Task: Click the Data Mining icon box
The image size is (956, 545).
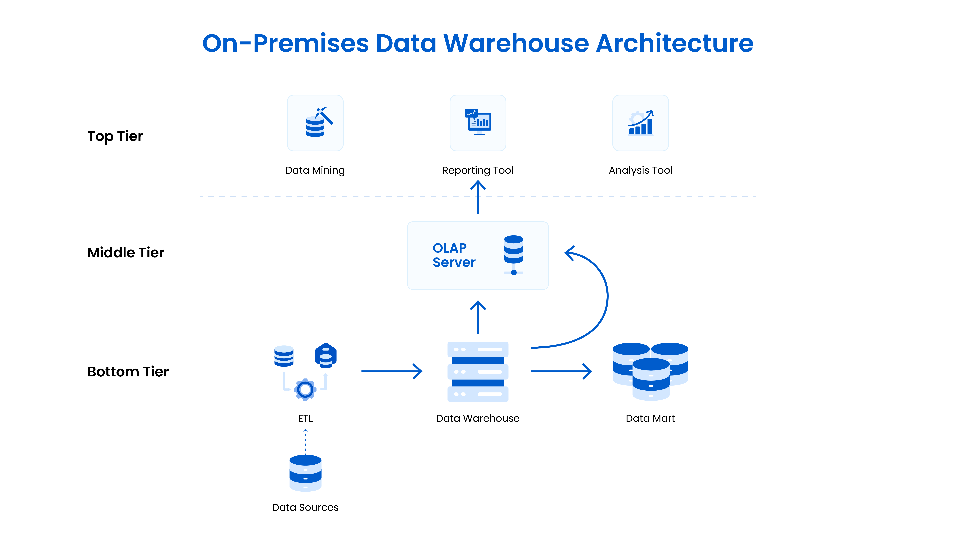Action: tap(315, 123)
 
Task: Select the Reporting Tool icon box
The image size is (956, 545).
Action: tap(478, 123)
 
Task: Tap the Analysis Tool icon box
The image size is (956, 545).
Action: tap(641, 123)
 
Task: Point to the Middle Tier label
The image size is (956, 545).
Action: tap(126, 253)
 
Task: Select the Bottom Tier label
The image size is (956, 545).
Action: tap(128, 372)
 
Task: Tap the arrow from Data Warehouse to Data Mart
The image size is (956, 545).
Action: tap(561, 371)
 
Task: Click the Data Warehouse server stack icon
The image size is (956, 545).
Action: tap(478, 372)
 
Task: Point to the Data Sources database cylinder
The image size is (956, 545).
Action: tap(305, 473)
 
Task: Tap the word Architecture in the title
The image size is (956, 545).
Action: tap(674, 43)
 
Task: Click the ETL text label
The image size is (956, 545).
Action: tap(305, 419)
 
